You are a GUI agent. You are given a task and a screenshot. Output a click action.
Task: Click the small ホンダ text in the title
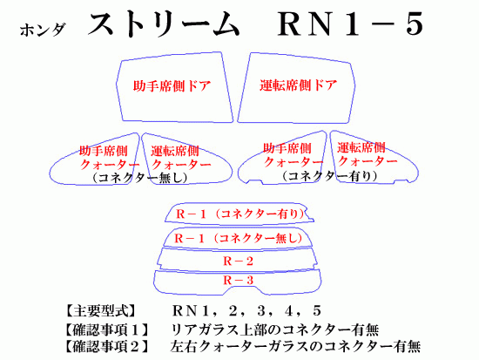[43, 31]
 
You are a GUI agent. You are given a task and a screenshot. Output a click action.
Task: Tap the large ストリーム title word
[164, 24]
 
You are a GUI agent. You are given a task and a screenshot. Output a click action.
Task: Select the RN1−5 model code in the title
[350, 24]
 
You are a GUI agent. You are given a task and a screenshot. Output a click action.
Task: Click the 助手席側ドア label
[172, 85]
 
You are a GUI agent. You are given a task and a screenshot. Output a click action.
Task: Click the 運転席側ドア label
[299, 85]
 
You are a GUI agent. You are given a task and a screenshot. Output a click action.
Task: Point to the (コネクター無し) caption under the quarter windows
[140, 178]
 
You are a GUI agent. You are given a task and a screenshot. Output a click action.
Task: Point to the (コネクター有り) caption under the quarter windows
[329, 176]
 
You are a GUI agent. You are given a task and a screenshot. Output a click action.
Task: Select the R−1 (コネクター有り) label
[239, 214]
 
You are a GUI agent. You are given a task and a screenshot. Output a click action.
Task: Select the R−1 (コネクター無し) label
[239, 238]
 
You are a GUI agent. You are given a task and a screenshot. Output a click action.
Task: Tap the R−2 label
[239, 262]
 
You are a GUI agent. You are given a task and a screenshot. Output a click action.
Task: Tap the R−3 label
[239, 280]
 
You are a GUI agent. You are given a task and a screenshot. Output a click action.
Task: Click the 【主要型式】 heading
[100, 311]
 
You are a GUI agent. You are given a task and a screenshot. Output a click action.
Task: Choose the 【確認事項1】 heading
[107, 329]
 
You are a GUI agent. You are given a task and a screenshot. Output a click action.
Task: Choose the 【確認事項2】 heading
[107, 346]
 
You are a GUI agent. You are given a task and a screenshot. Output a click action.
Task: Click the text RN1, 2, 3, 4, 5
[246, 311]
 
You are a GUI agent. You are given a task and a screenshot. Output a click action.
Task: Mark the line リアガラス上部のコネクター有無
[275, 329]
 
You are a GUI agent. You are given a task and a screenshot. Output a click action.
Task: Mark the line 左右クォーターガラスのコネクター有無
[295, 346]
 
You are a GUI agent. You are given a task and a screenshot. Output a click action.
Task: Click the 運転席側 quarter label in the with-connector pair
[366, 155]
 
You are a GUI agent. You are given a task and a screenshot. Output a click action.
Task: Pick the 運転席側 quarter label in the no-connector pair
[180, 158]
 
